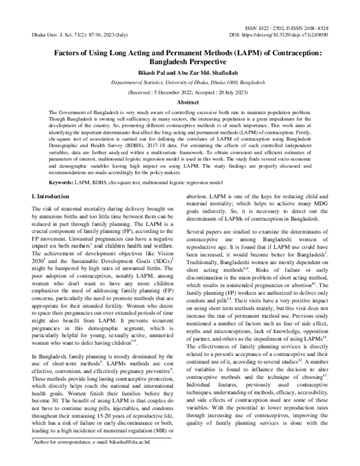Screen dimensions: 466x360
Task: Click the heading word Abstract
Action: click(179, 103)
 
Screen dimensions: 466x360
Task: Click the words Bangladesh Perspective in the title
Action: click(179, 61)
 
